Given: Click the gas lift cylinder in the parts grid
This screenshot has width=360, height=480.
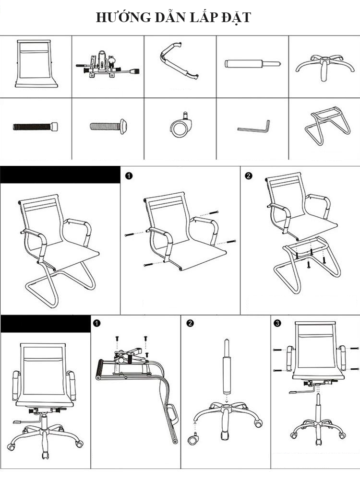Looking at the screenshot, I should (x=252, y=63).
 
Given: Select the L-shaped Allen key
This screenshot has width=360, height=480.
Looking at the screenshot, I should (x=252, y=127).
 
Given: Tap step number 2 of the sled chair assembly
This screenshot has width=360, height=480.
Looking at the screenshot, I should (x=248, y=176).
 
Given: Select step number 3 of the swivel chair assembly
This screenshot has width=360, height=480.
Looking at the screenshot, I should (x=277, y=324).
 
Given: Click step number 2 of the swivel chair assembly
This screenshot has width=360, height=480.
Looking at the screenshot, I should (x=190, y=324).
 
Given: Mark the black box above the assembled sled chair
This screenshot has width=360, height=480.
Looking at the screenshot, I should (x=60, y=175).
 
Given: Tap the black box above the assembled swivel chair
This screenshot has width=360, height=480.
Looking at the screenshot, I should (x=45, y=324).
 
